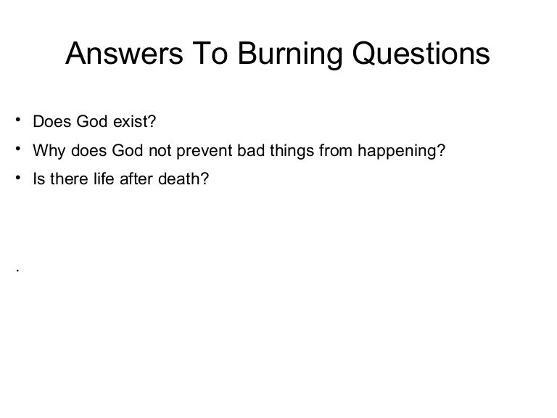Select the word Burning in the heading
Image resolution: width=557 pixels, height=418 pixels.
point(280,53)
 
